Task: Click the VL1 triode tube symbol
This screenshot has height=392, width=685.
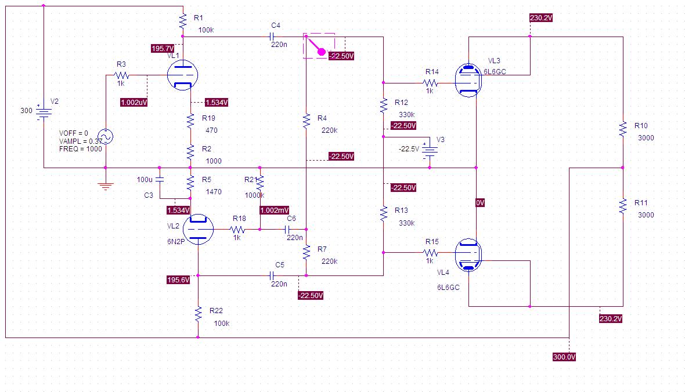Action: coord(182,75)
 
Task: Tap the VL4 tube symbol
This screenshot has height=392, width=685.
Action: coord(468,255)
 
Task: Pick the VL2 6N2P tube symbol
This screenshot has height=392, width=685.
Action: coord(198,230)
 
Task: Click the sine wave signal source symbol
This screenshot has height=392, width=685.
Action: coord(106,137)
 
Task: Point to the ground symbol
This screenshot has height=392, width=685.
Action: coord(105,186)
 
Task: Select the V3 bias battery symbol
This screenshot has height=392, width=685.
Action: coord(430,149)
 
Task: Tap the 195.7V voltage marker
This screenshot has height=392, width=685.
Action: coord(162,49)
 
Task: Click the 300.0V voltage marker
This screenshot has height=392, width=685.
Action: coord(564,357)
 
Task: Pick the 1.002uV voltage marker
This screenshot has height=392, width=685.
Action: coord(134,102)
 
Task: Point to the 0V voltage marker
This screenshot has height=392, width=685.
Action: coord(480,203)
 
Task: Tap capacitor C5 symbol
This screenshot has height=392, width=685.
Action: coord(271,275)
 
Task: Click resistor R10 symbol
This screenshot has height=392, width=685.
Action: coord(622,129)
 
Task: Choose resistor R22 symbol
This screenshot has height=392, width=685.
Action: coord(198,314)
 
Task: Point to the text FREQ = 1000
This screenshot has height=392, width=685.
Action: coord(80,149)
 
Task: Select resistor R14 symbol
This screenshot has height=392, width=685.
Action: coord(431,84)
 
